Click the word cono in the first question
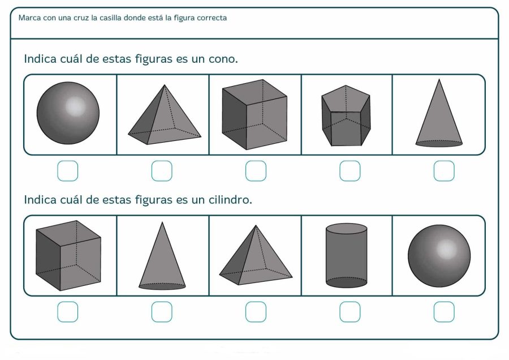[x=222, y=59]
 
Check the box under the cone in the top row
[x=444, y=171]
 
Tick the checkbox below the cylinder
[x=350, y=312]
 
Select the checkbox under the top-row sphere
[x=68, y=171]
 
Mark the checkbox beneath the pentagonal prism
[x=350, y=171]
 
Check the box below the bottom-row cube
[x=68, y=312]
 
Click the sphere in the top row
[x=68, y=113]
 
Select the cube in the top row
[x=255, y=114]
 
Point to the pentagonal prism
[x=346, y=116]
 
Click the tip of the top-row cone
[x=439, y=80]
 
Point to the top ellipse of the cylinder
[x=347, y=228]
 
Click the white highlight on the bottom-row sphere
[x=446, y=248]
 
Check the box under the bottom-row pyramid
[x=256, y=312]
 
